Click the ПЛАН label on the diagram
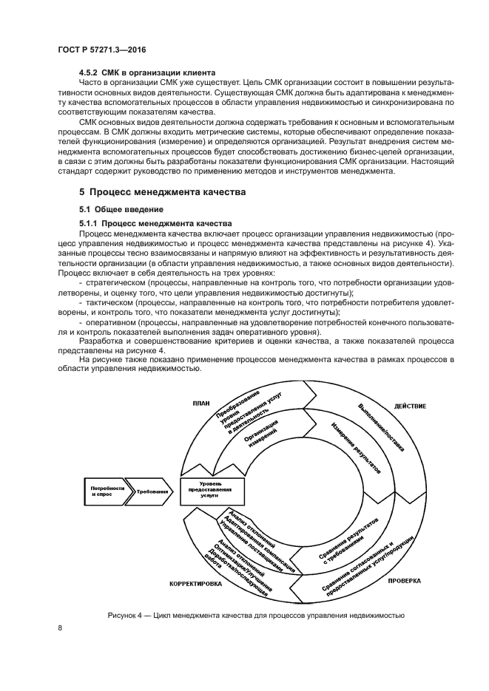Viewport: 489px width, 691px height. tap(202, 403)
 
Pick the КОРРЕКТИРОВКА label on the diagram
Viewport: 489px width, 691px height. tap(196, 583)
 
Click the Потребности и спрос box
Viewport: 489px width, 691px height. tap(104, 491)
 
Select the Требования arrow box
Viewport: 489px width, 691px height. tap(152, 491)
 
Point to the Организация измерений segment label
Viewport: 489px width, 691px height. tap(261, 433)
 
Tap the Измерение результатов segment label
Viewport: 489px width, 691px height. tap(356, 448)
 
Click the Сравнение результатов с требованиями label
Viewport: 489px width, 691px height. tap(348, 539)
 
